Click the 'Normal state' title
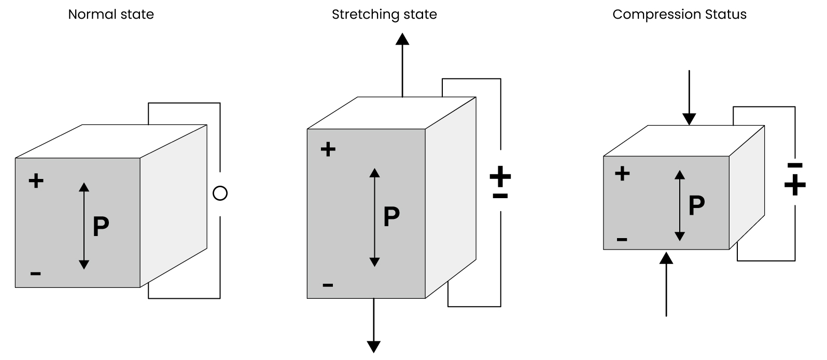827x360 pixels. click(x=111, y=14)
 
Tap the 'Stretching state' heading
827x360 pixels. click(x=384, y=14)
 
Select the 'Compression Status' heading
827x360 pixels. click(x=679, y=14)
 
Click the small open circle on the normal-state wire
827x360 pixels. click(x=220, y=193)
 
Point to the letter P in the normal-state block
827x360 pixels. click(x=101, y=227)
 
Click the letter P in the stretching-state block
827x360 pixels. click(x=391, y=217)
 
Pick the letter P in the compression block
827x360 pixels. click(x=696, y=205)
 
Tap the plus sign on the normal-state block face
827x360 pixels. click(x=36, y=181)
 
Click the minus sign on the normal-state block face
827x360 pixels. click(x=35, y=273)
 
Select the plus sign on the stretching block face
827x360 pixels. click(x=328, y=150)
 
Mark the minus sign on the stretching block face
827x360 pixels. click(x=328, y=284)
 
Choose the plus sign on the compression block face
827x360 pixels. click(x=622, y=173)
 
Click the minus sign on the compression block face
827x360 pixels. click(x=622, y=239)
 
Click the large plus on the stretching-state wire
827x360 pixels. click(x=500, y=177)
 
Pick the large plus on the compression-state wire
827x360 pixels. click(x=795, y=184)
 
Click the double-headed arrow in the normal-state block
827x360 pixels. click(x=84, y=226)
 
